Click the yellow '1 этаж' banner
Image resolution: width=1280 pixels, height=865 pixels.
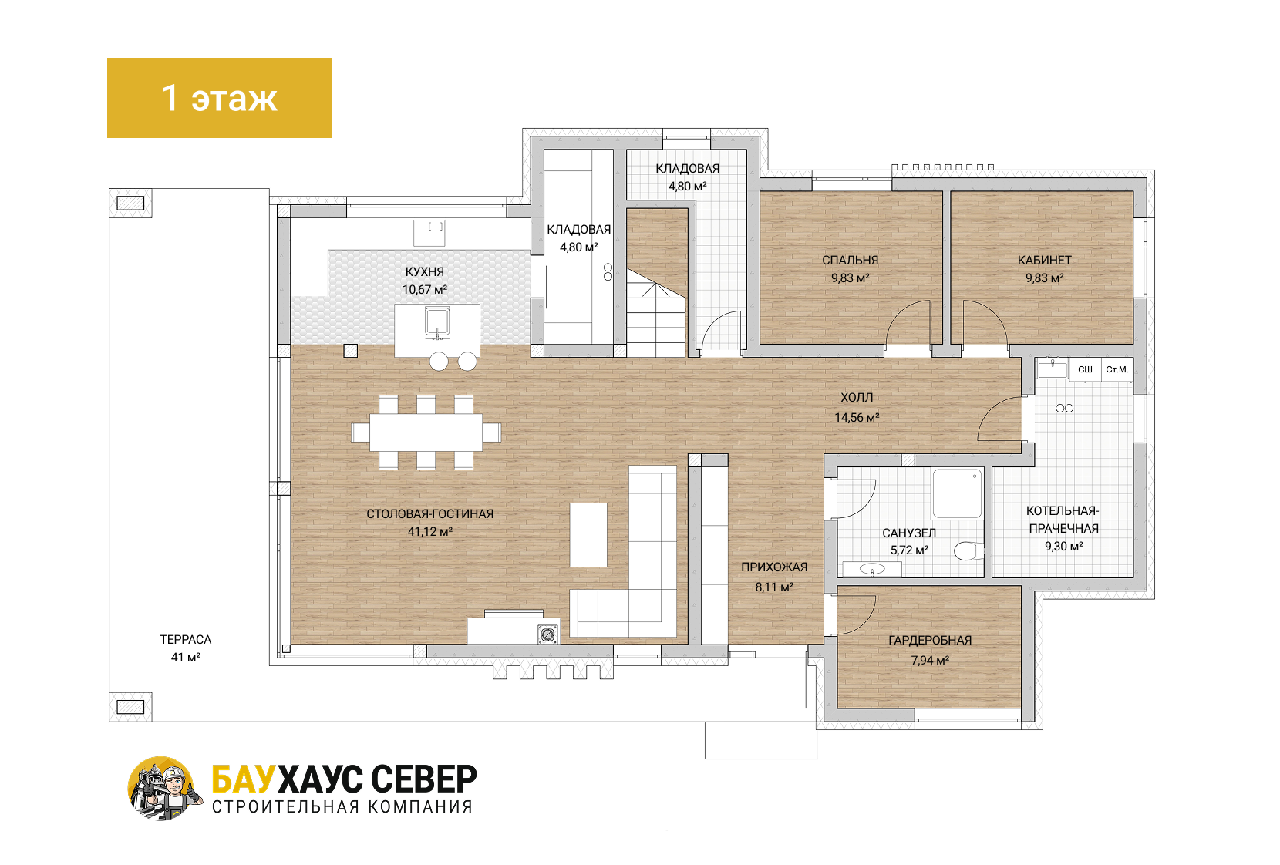pyautogui.click(x=220, y=98)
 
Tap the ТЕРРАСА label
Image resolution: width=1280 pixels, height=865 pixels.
pyautogui.click(x=186, y=639)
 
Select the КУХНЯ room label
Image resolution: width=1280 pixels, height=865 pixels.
pyautogui.click(x=425, y=272)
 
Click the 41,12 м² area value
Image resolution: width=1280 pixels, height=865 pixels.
pyautogui.click(x=429, y=532)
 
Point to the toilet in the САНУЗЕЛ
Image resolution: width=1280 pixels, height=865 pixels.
pyautogui.click(x=969, y=551)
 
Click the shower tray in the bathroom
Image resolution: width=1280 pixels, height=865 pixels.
pyautogui.click(x=957, y=493)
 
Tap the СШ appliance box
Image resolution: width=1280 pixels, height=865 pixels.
pyautogui.click(x=1085, y=369)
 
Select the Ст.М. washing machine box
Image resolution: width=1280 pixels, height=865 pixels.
pyautogui.click(x=1117, y=369)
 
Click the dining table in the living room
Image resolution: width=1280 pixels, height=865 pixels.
pyautogui.click(x=426, y=432)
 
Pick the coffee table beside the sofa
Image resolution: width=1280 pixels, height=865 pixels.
pyautogui.click(x=588, y=535)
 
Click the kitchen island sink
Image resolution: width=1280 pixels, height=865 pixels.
pyautogui.click(x=437, y=321)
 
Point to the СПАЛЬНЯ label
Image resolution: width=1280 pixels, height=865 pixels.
pyautogui.click(x=851, y=261)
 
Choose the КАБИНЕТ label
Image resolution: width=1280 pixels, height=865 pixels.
pyautogui.click(x=1045, y=261)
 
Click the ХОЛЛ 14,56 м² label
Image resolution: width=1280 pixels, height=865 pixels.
pyautogui.click(x=857, y=407)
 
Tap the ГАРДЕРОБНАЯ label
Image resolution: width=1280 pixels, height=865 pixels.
pyautogui.click(x=930, y=641)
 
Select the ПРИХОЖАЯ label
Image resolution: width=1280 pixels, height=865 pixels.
pyautogui.click(x=774, y=567)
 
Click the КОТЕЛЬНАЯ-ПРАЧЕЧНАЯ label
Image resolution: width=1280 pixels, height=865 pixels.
pyautogui.click(x=1063, y=520)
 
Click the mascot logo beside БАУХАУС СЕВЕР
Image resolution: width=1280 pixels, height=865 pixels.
pyautogui.click(x=164, y=789)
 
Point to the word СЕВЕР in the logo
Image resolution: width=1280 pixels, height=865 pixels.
pyautogui.click(x=423, y=779)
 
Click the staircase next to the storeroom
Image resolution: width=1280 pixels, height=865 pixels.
pyautogui.click(x=656, y=283)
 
